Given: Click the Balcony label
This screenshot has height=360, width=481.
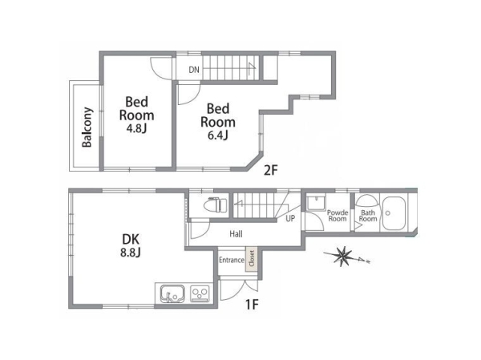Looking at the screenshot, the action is [87, 127].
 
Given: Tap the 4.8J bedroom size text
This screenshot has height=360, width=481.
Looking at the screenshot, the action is [136, 128].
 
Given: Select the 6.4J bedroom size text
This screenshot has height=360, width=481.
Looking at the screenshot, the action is [218, 135].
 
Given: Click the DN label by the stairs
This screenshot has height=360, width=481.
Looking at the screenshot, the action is [194, 70].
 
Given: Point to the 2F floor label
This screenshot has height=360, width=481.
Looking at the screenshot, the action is [271, 170].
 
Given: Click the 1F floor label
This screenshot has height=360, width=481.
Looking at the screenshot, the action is [252, 305].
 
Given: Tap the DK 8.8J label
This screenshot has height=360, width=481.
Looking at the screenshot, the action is [131, 245].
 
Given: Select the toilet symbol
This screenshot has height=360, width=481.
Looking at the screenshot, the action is [217, 204].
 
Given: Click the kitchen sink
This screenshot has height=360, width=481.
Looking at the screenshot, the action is [172, 293].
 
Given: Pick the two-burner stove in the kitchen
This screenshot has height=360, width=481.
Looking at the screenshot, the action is [200, 293].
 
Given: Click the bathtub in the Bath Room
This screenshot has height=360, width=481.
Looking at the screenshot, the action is [394, 213].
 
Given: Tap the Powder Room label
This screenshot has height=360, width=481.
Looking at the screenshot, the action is [338, 216].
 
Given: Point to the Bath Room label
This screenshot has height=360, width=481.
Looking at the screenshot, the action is [368, 216].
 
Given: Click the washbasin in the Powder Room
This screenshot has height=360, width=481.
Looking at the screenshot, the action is [317, 203].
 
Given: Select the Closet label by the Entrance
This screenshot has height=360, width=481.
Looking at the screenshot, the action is [252, 259].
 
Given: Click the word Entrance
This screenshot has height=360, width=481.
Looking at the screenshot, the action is [232, 260].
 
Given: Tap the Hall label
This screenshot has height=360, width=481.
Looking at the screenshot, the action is [236, 234].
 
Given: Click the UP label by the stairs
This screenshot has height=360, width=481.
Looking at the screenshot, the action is [290, 219].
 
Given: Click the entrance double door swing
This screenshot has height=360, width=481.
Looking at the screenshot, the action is [239, 289].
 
